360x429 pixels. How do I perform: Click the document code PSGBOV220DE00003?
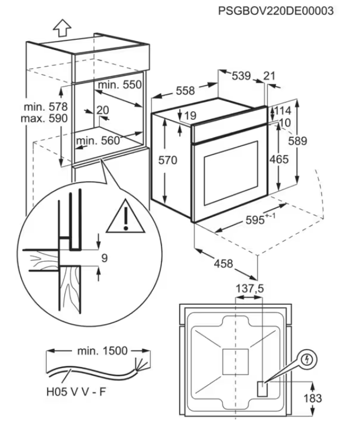coord(276,10)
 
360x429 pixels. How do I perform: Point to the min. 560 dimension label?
coord(98,141)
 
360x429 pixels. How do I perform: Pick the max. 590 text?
coord(45,118)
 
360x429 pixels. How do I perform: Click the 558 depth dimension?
coord(186,90)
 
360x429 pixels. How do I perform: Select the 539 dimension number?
coord(241,76)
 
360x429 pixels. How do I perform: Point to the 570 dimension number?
coord(167,161)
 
